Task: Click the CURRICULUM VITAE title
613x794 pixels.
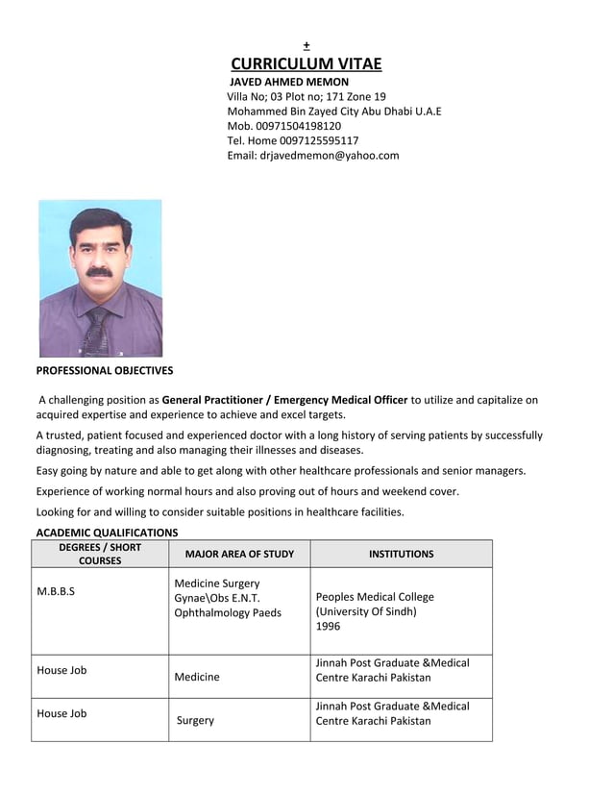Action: [306, 64]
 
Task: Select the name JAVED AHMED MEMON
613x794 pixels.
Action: [288, 83]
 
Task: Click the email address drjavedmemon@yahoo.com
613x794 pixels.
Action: [329, 155]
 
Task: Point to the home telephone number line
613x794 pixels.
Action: [292, 140]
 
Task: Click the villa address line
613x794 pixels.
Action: [306, 97]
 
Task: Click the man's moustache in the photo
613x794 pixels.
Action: [98, 273]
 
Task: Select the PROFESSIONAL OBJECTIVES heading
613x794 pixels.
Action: [105, 370]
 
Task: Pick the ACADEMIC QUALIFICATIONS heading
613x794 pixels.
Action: [107, 532]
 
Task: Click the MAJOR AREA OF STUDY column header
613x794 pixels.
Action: [239, 554]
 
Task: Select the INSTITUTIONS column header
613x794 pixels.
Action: [401, 554]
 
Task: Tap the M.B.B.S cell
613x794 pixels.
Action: [56, 590]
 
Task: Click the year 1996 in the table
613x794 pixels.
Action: [328, 626]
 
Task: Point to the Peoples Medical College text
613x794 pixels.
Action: [375, 597]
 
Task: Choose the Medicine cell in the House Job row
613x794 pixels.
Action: [197, 677]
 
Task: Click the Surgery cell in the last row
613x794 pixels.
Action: [195, 720]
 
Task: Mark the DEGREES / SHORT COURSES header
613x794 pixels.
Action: [100, 554]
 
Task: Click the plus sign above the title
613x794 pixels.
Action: [306, 45]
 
